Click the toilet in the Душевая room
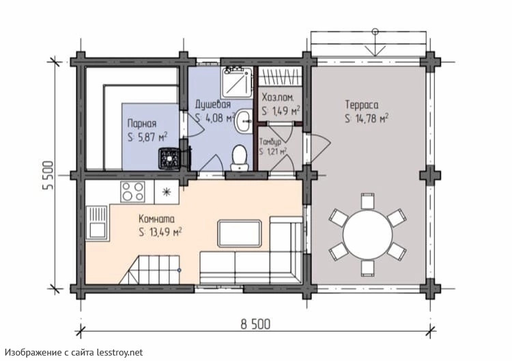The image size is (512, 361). click(240, 158)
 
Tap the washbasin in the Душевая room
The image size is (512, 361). click(244, 121)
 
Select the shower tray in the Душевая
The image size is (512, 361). click(237, 83)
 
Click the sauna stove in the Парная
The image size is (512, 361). click(169, 159)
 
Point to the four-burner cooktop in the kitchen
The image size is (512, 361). click(132, 191)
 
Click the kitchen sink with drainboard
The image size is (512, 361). click(97, 223)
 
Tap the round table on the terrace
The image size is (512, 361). click(367, 234)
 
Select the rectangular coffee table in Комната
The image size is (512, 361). click(240, 233)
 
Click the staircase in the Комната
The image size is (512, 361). click(150, 270)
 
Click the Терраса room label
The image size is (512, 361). click(362, 105)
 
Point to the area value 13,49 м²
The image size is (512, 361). click(165, 232)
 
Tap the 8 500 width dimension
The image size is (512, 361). click(256, 325)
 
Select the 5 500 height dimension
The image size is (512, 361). click(48, 176)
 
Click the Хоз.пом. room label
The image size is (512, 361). click(278, 98)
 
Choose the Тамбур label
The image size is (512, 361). click(270, 142)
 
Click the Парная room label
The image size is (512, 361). click(142, 124)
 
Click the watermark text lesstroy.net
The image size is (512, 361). click(120, 353)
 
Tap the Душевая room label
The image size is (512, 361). click(213, 105)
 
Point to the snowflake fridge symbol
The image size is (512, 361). click(167, 191)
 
